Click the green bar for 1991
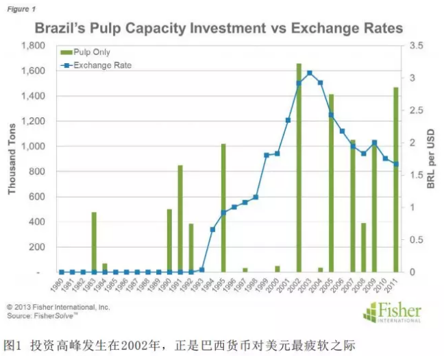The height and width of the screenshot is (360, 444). (180, 219)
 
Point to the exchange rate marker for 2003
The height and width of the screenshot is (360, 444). (310, 73)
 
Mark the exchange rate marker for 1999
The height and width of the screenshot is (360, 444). (267, 155)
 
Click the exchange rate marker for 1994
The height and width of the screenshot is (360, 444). (212, 229)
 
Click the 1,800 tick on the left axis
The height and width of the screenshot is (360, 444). (34, 45)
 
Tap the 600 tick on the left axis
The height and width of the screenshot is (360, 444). (38, 197)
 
